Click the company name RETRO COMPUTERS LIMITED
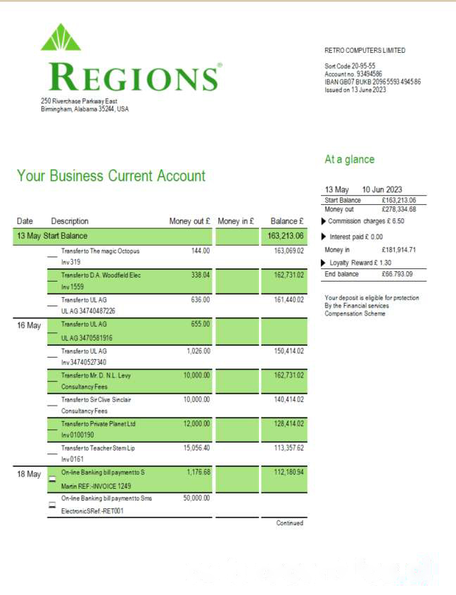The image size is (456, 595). click(365, 51)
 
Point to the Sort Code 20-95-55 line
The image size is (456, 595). click(350, 65)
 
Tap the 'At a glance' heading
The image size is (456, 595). click(349, 160)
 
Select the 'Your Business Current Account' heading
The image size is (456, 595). click(111, 176)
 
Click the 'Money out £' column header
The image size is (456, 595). click(190, 222)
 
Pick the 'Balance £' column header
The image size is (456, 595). click(286, 222)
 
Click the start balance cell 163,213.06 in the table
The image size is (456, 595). click(286, 236)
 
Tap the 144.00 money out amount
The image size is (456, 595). click(201, 251)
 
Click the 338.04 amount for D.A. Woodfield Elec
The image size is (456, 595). click(201, 275)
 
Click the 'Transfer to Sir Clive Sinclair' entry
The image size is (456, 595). click(96, 399)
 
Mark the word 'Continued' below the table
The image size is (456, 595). click(289, 523)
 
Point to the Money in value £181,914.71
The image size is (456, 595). click(398, 249)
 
